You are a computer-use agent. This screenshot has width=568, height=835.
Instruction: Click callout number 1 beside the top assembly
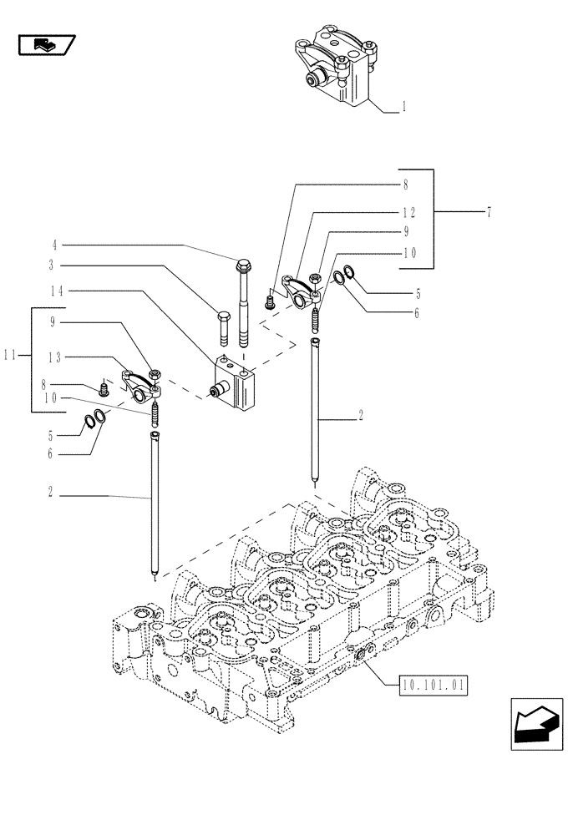(404, 107)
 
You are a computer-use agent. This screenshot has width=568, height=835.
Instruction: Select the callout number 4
(54, 245)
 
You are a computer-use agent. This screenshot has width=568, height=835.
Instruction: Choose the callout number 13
(56, 357)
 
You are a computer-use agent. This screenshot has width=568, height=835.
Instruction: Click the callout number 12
(404, 213)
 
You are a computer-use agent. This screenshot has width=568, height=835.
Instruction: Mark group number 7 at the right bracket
(488, 213)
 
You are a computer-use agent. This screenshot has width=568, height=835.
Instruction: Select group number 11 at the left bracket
(10, 354)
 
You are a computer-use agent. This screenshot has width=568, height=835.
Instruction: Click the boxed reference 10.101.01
(431, 687)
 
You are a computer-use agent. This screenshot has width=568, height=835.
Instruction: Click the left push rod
(155, 501)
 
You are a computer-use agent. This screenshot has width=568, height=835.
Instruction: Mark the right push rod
(315, 409)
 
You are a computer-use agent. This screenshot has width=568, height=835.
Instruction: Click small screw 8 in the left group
(104, 388)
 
